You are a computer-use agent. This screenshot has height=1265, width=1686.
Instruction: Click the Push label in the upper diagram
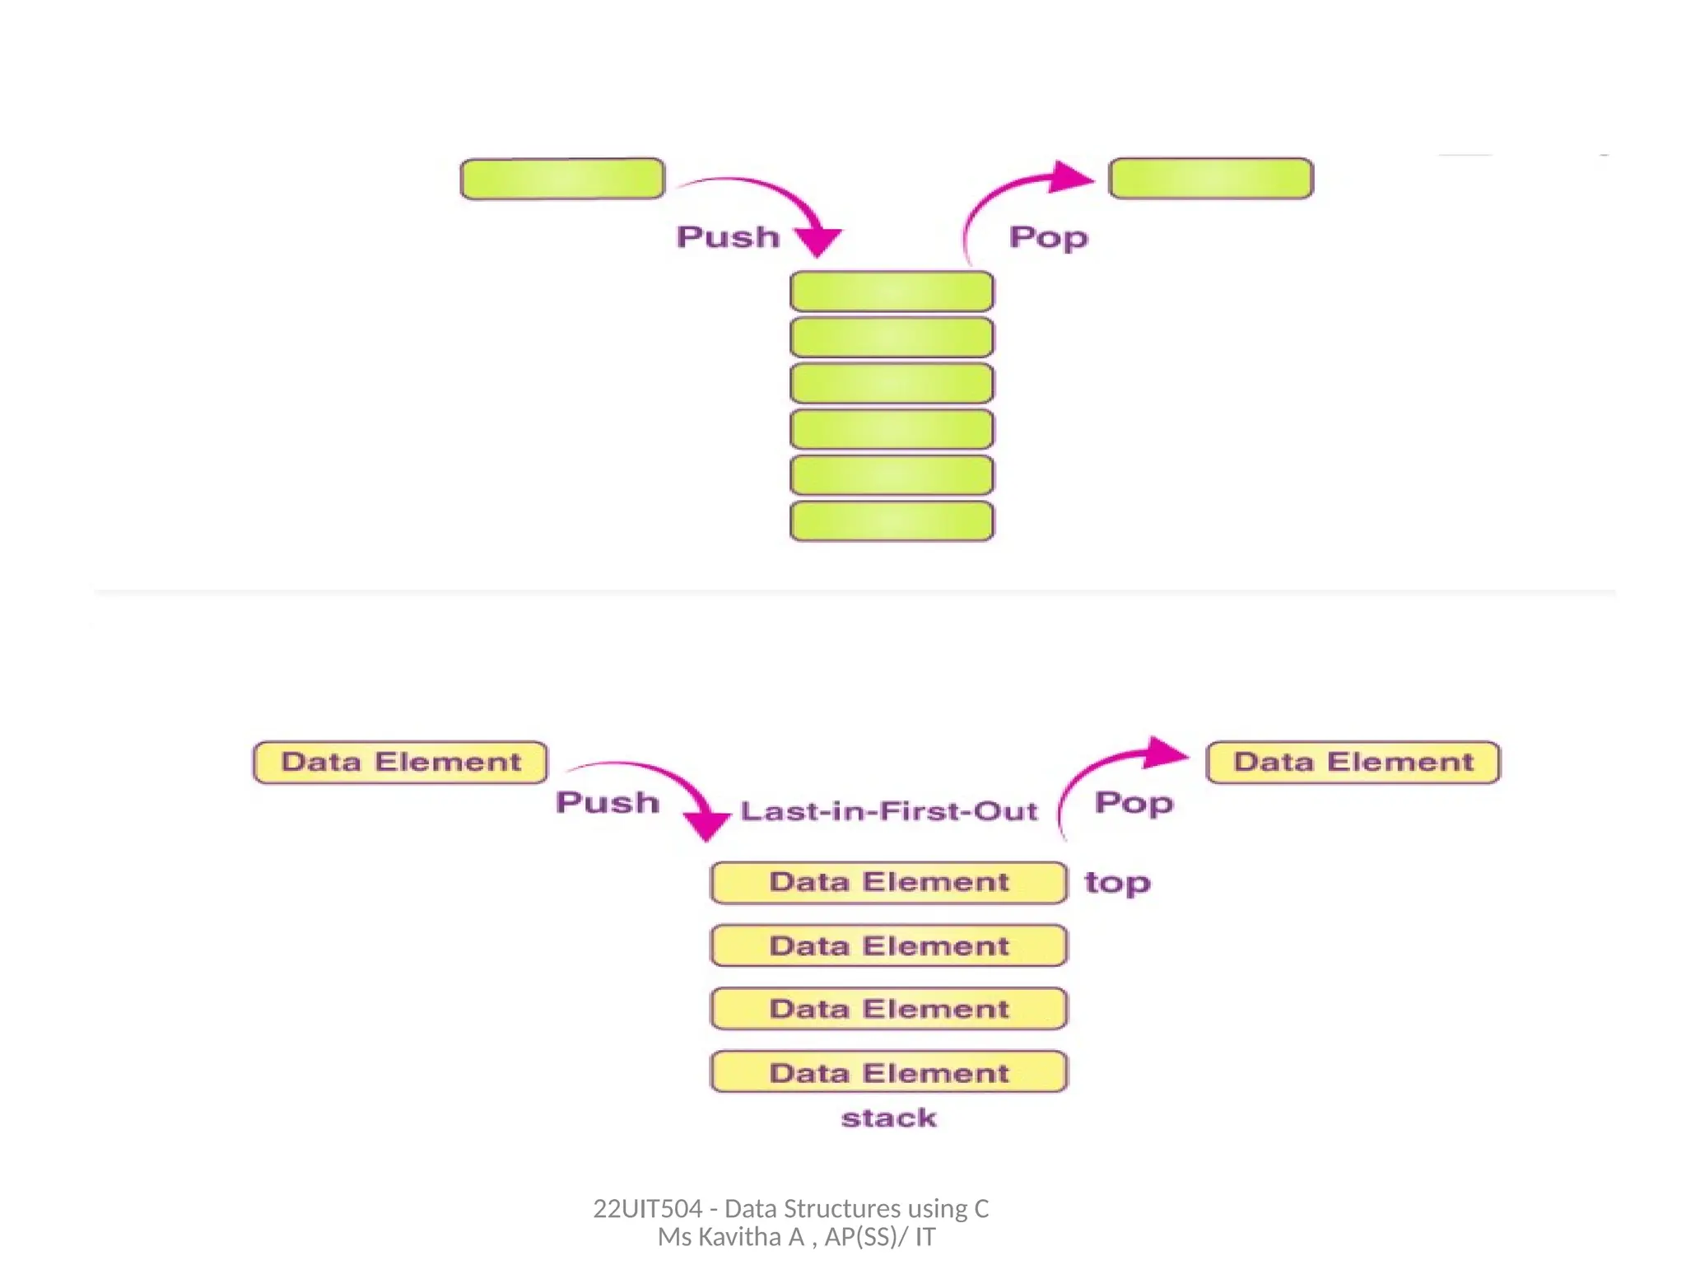click(x=728, y=237)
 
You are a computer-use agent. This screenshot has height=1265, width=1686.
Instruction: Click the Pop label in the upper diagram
click(x=1048, y=237)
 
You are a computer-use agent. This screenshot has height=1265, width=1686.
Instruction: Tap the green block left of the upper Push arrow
click(x=562, y=179)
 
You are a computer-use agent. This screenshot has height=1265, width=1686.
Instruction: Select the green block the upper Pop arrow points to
click(x=1211, y=179)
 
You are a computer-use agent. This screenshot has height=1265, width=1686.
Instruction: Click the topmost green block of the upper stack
click(x=892, y=292)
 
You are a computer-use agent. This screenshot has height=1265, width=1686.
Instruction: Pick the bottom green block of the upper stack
click(x=892, y=521)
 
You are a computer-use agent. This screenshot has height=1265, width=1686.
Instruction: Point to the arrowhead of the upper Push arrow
click(x=817, y=241)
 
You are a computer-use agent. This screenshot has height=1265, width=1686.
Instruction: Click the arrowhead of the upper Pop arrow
click(x=1072, y=176)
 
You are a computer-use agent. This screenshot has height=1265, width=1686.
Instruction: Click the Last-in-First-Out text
click(x=888, y=812)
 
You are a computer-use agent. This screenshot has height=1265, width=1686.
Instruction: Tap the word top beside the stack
click(x=1117, y=883)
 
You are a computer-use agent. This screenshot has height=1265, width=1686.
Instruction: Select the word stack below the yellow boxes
click(x=889, y=1118)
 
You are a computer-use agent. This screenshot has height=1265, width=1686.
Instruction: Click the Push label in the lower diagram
click(x=608, y=803)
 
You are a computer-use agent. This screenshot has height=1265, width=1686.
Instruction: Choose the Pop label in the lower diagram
click(x=1134, y=803)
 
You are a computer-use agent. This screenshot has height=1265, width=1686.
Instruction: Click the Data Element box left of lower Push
click(x=400, y=762)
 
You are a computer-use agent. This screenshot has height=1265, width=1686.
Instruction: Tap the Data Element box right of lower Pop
click(x=1353, y=762)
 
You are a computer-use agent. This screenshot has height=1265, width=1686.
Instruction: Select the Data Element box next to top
click(x=889, y=882)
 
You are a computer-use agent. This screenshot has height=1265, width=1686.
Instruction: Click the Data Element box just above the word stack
click(x=889, y=1072)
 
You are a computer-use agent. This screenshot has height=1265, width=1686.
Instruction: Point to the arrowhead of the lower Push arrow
click(x=707, y=825)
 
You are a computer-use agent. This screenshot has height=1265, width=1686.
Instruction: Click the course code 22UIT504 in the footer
click(x=647, y=1208)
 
